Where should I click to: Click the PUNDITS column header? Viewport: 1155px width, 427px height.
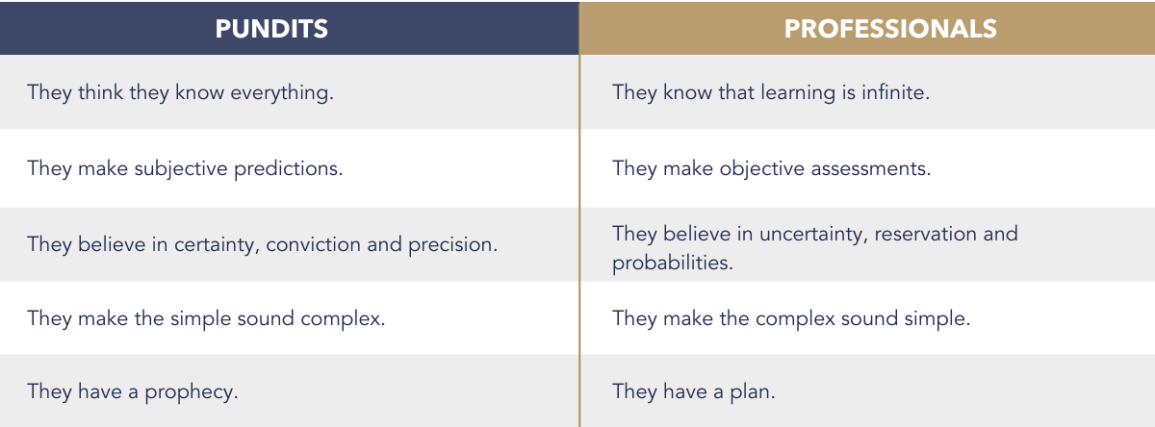pyautogui.click(x=271, y=29)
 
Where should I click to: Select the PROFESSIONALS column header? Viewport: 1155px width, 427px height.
pyautogui.click(x=890, y=29)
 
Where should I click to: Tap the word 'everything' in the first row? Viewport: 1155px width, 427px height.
pyautogui.click(x=281, y=93)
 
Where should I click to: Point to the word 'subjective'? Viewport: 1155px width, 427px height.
pyautogui.click(x=181, y=169)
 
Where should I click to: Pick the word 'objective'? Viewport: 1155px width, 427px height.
pyautogui.click(x=762, y=169)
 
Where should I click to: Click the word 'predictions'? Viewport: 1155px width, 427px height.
pyautogui.click(x=288, y=169)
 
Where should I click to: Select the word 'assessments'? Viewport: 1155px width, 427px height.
pyautogui.click(x=871, y=169)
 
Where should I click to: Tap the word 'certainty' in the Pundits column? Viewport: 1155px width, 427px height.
pyautogui.click(x=217, y=245)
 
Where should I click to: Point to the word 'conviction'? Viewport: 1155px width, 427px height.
pyautogui.click(x=313, y=244)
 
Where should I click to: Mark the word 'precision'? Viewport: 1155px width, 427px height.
pyautogui.click(x=452, y=245)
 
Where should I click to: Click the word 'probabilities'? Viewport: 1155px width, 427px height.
pyautogui.click(x=673, y=264)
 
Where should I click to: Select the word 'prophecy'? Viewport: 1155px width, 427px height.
pyautogui.click(x=192, y=392)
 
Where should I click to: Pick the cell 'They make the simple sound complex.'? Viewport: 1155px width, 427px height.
pyautogui.click(x=206, y=319)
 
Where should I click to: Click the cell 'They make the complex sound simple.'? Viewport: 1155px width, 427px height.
pyautogui.click(x=791, y=319)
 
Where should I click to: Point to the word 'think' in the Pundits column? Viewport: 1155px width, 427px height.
pyautogui.click(x=100, y=92)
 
